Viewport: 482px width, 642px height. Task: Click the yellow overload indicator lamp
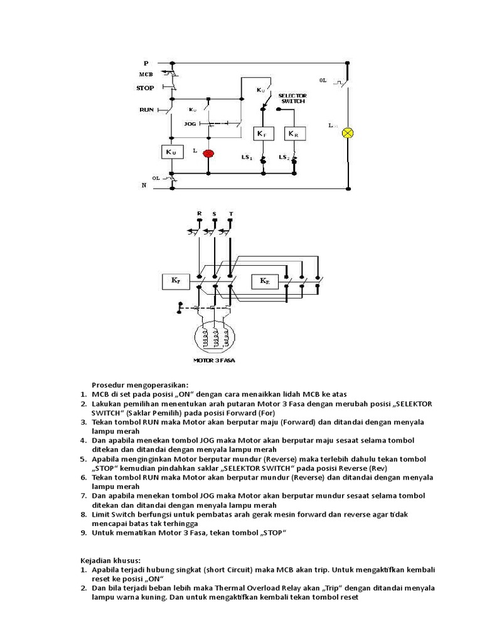[347, 132]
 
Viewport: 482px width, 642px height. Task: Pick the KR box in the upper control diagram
[293, 134]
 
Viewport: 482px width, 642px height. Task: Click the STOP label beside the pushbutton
[145, 88]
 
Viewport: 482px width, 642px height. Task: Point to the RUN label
[146, 110]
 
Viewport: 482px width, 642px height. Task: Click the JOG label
[190, 124]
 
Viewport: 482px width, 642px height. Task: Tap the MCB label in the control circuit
[146, 75]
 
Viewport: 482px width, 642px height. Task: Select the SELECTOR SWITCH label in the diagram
[292, 98]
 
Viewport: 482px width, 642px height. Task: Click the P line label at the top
[146, 63]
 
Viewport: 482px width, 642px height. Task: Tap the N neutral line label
[144, 186]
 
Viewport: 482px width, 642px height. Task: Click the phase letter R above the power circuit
[199, 214]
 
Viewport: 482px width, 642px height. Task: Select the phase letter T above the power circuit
[230, 214]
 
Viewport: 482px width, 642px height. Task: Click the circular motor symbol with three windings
[215, 339]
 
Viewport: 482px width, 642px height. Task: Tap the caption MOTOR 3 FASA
[214, 361]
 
